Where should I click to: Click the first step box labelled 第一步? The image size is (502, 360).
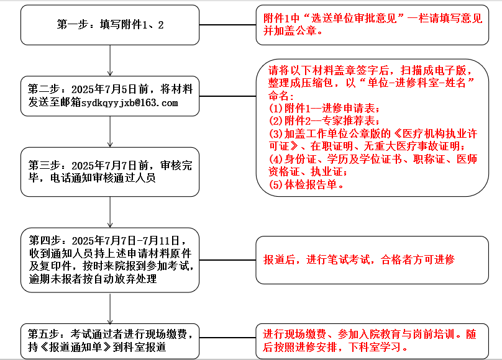point(110,25)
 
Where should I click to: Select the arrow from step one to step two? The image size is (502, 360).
point(110,60)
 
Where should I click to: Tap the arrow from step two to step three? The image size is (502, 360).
point(110,132)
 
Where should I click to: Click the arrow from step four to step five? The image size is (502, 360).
point(110,308)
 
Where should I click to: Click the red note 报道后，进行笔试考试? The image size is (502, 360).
point(359,259)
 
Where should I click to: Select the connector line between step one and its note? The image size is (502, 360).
point(227,25)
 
